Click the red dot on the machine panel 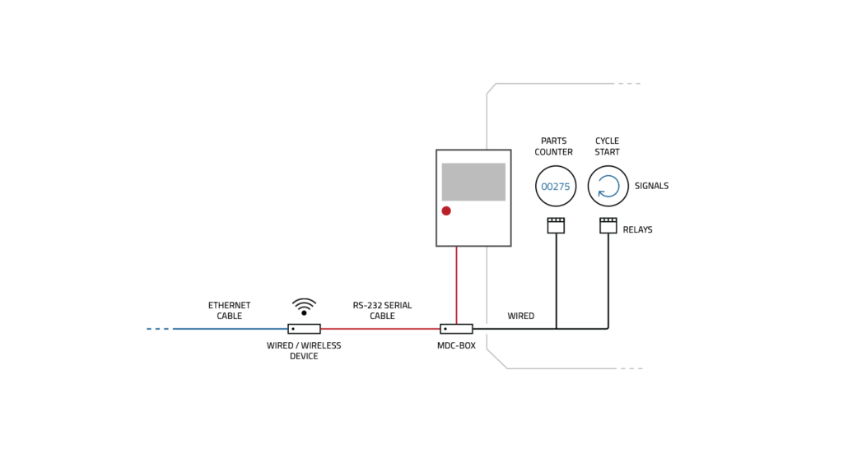click(446, 211)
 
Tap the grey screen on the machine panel click(473, 182)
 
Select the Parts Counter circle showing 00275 click(556, 187)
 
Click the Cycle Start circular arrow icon click(608, 187)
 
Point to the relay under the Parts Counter click(556, 225)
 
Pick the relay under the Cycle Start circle click(608, 225)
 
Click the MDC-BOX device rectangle click(456, 329)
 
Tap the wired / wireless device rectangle click(304, 329)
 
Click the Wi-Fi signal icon click(304, 307)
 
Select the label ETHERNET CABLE click(229, 311)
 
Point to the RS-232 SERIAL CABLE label click(382, 311)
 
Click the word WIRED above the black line click(520, 316)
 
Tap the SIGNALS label click(651, 187)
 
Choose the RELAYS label click(637, 230)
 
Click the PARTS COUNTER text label click(553, 146)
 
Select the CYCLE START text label click(608, 146)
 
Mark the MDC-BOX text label click(456, 346)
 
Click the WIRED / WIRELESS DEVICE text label click(304, 351)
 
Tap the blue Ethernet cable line click(231, 329)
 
